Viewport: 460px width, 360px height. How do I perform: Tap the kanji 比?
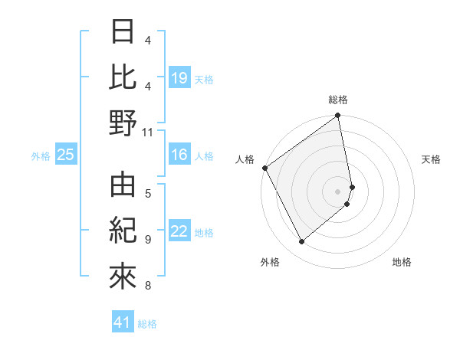point(123,77)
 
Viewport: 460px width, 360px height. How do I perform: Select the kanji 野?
point(123,123)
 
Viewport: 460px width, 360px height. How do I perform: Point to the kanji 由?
point(123,184)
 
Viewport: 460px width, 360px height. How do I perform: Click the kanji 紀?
point(123,230)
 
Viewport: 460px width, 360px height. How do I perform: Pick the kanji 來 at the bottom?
point(123,277)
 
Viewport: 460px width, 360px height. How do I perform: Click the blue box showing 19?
point(179,77)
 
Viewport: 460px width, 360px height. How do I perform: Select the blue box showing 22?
point(179,232)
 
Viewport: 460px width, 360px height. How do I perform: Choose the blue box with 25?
point(66,155)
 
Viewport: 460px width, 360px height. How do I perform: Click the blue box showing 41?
point(123,323)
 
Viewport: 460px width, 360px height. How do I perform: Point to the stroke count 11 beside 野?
point(149,132)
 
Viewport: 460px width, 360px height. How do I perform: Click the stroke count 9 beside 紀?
point(148,240)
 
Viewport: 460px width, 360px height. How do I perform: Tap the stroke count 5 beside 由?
point(148,192)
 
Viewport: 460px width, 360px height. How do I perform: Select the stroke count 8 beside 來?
point(148,286)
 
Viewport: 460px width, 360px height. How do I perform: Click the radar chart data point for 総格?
point(337,117)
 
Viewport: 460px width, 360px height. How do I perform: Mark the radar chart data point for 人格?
point(264,168)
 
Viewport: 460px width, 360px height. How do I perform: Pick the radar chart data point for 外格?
point(302,242)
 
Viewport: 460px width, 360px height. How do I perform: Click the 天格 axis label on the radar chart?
point(432,159)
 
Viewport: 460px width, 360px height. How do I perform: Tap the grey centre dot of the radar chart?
point(338,191)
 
